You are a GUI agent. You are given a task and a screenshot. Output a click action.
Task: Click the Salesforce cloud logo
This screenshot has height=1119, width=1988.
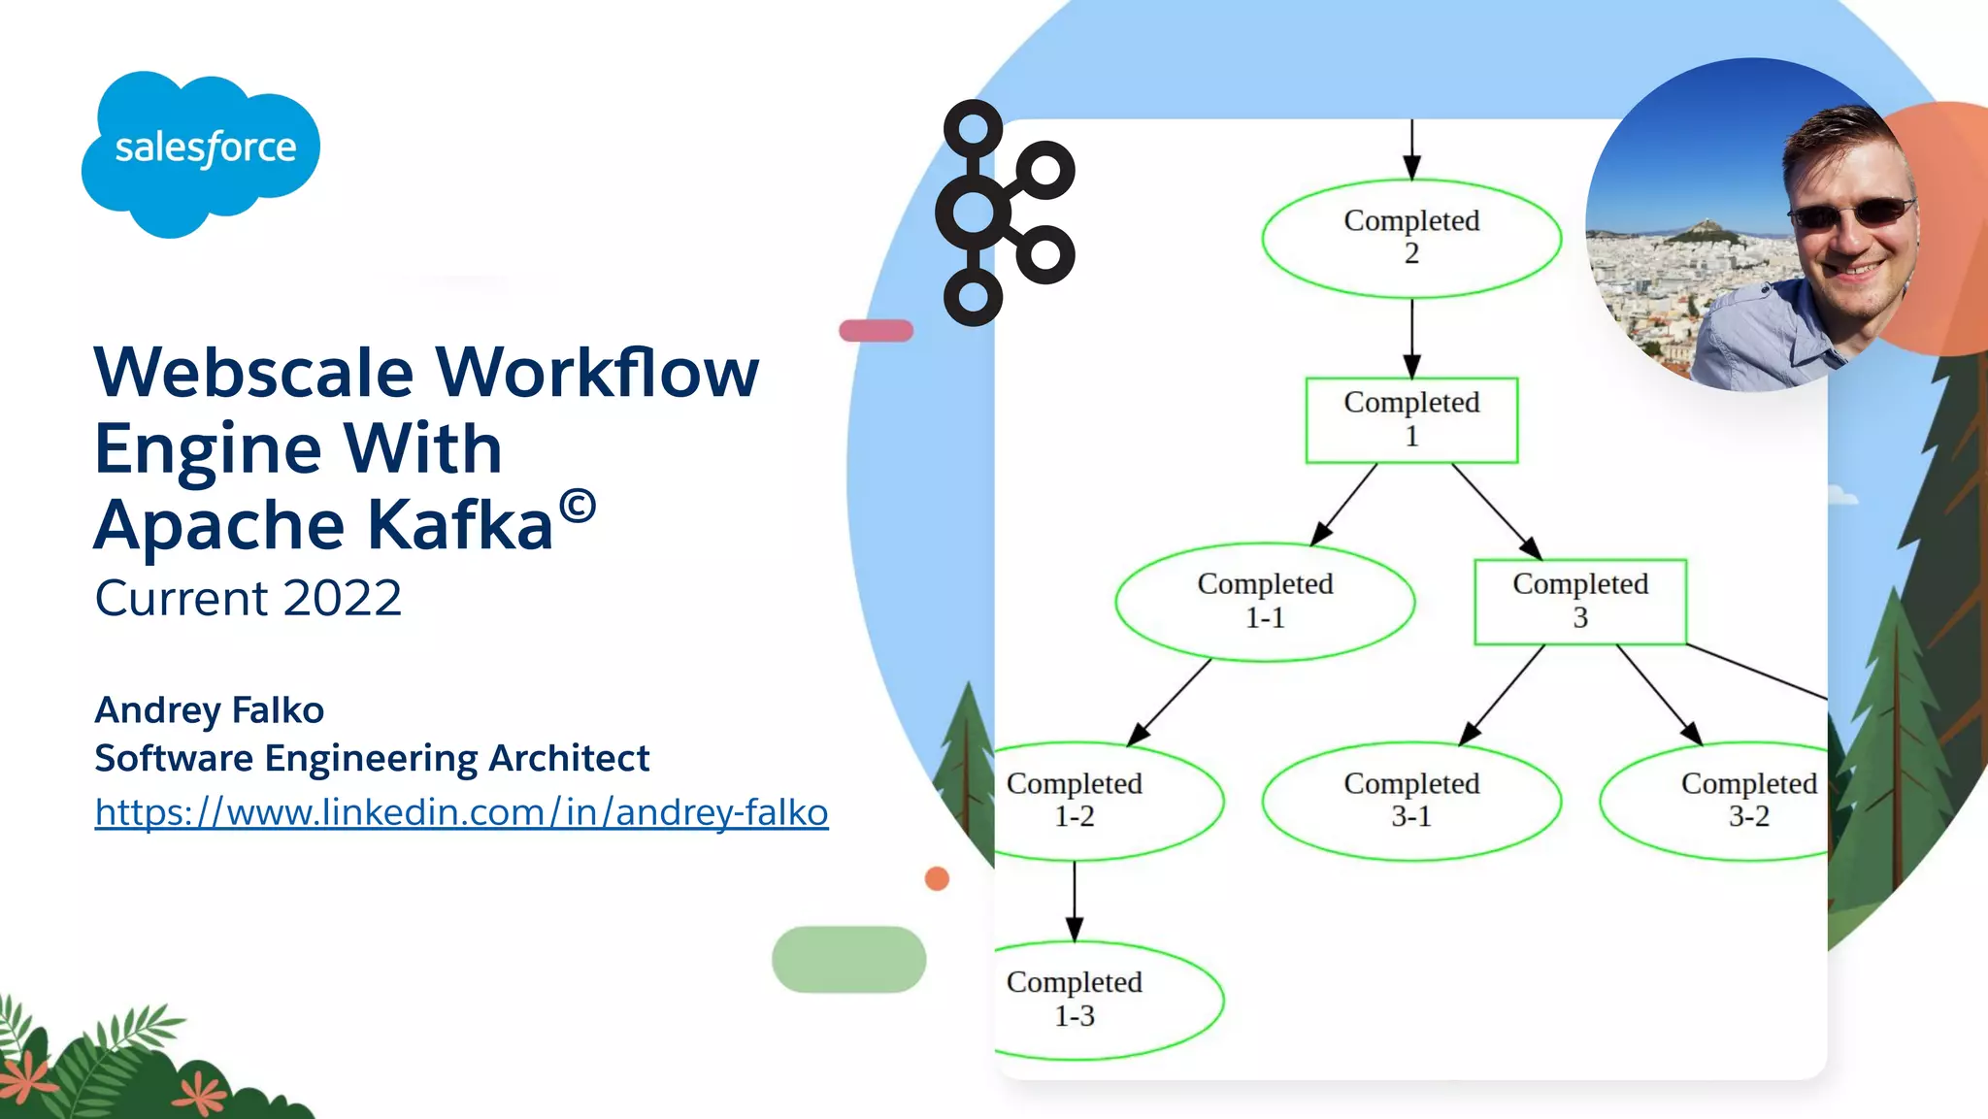pyautogui.click(x=202, y=150)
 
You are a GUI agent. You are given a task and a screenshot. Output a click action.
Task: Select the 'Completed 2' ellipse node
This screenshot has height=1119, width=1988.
pyautogui.click(x=1411, y=238)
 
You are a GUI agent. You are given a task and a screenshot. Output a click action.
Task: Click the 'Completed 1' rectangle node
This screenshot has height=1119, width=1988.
pyautogui.click(x=1411, y=419)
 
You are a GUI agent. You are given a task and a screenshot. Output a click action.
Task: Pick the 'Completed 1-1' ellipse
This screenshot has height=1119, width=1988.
pyautogui.click(x=1265, y=602)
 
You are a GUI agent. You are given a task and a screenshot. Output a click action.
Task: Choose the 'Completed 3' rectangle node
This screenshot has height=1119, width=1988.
pyautogui.click(x=1579, y=601)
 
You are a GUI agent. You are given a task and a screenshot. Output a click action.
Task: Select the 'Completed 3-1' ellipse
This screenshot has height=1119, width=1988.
pyautogui.click(x=1411, y=801)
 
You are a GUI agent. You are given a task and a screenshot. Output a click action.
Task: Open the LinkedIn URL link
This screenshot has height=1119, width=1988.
pyautogui.click(x=461, y=812)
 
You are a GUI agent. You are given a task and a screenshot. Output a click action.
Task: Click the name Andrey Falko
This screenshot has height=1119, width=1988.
pyautogui.click(x=209, y=710)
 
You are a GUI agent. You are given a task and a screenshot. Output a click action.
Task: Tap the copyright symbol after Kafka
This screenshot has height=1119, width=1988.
pyautogui.click(x=578, y=507)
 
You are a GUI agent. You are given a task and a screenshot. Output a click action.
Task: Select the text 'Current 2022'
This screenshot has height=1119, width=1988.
pyautogui.click(x=248, y=598)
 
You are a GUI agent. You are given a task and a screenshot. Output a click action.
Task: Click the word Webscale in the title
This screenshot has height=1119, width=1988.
pyautogui.click(x=254, y=373)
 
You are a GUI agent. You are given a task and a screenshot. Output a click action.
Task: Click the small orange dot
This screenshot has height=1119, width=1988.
pyautogui.click(x=937, y=878)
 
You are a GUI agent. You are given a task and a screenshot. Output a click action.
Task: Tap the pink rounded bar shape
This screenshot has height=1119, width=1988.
pyautogui.click(x=876, y=331)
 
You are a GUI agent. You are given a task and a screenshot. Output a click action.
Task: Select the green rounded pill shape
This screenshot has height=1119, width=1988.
pyautogui.click(x=848, y=959)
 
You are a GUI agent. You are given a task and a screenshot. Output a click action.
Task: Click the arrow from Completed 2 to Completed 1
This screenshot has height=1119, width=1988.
pyautogui.click(x=1411, y=338)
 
